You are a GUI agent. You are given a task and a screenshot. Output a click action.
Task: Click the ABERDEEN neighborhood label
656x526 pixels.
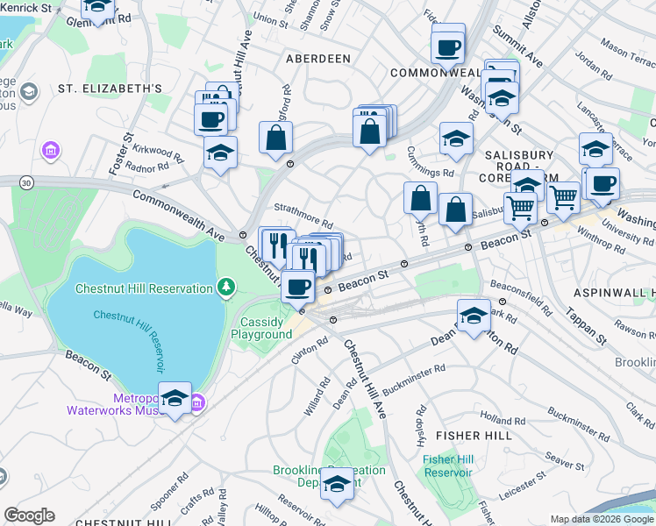click(x=317, y=58)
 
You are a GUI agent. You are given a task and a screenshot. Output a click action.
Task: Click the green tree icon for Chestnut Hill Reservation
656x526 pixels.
click(x=227, y=287)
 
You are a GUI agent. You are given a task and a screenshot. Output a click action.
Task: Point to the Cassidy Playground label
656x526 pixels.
click(x=267, y=328)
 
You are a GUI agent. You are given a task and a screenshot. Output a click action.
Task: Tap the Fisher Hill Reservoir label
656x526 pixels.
click(x=447, y=466)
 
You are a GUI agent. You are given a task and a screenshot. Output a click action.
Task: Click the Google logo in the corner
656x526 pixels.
click(x=29, y=515)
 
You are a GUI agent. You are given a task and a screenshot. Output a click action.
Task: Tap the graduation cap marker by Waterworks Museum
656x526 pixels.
click(x=175, y=400)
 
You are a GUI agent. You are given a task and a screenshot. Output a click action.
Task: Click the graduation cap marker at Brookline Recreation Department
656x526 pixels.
click(x=337, y=484)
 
